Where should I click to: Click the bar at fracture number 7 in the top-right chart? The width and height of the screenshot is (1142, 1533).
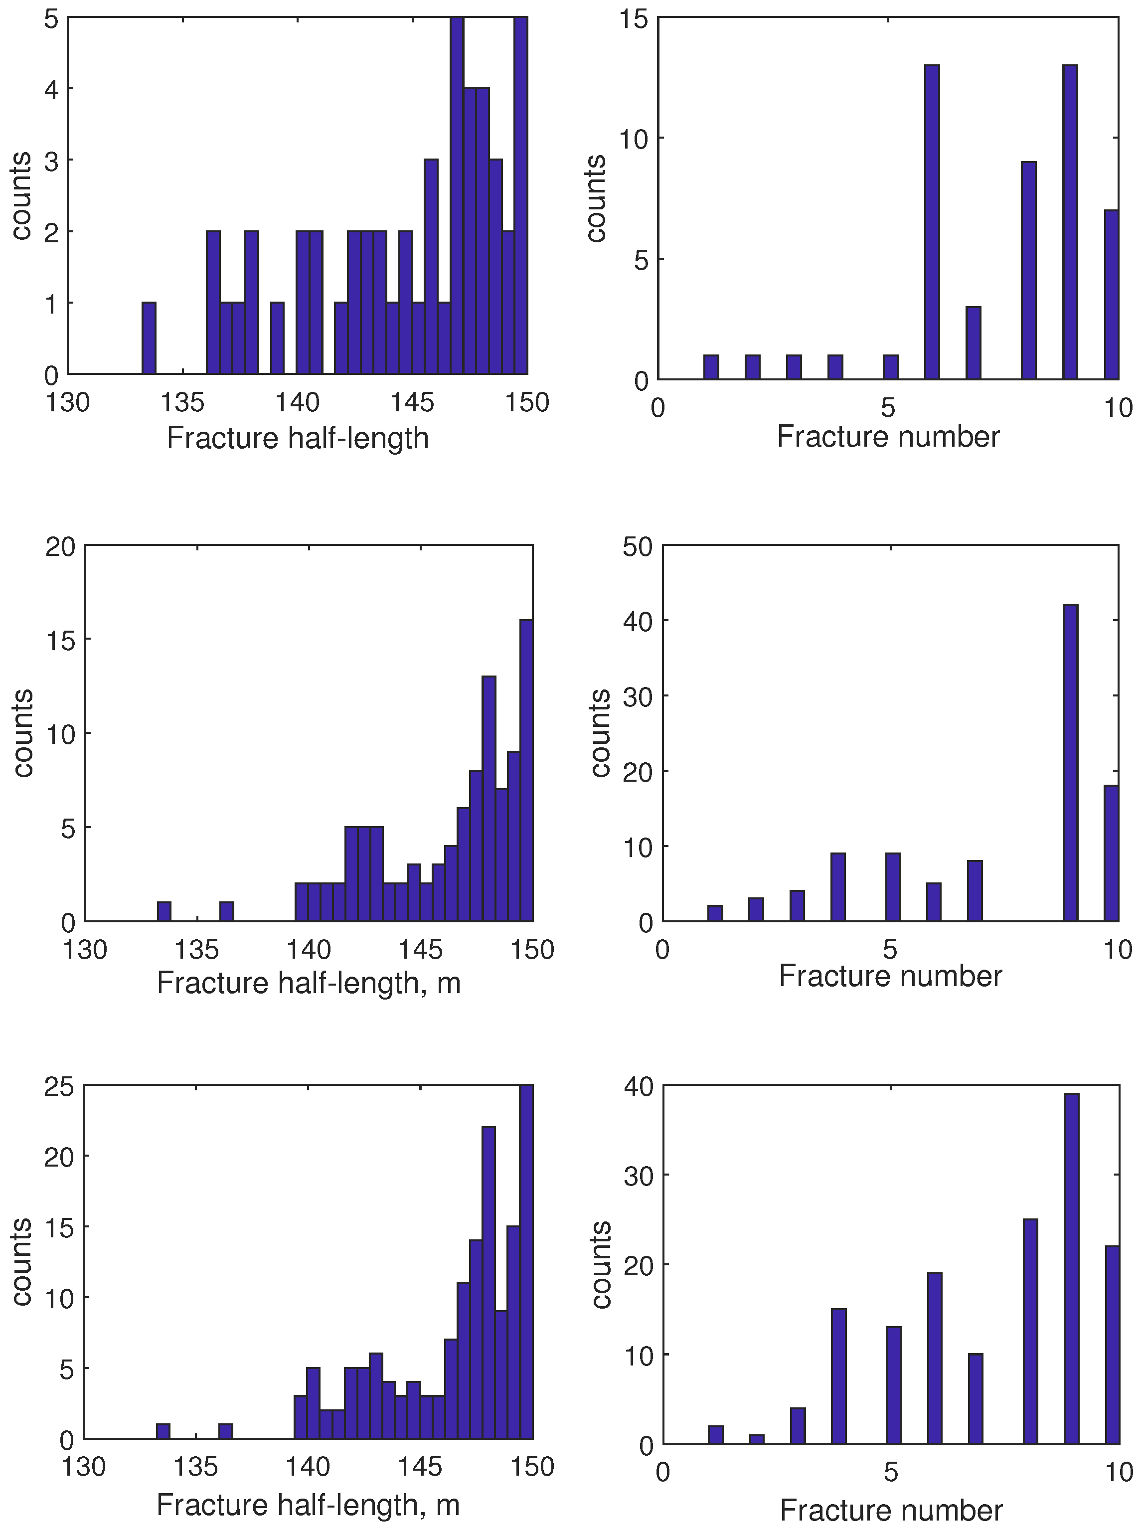[974, 343]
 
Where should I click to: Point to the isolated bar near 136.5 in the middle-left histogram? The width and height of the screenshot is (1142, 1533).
[227, 911]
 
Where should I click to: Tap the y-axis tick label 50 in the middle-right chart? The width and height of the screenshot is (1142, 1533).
[638, 547]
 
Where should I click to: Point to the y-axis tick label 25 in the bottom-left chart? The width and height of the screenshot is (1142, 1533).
[59, 1087]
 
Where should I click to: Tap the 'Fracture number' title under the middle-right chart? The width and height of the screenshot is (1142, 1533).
[890, 976]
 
